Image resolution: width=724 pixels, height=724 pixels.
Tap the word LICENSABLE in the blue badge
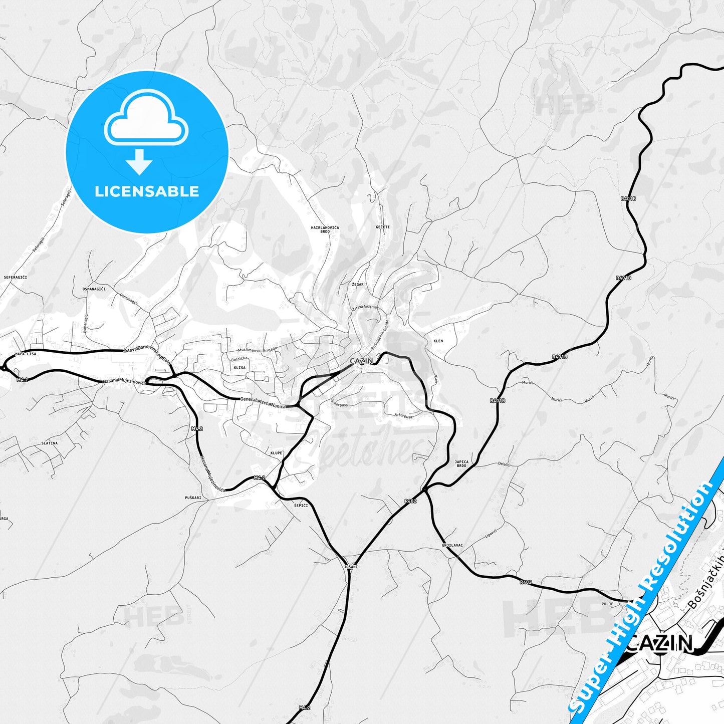pyautogui.click(x=147, y=191)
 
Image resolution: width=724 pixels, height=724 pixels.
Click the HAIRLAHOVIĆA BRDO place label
pyautogui.click(x=325, y=229)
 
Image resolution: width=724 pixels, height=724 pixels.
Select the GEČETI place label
pyautogui.click(x=383, y=227)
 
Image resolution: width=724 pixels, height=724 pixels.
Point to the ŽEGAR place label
pyautogui.click(x=358, y=284)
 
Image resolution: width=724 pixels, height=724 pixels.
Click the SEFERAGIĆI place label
pyautogui.click(x=15, y=277)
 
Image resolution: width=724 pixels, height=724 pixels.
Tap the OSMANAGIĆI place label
pyautogui.click(x=94, y=289)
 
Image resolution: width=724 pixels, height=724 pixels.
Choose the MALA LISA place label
pyautogui.click(x=26, y=354)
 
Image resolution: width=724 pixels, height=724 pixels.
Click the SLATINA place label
pyautogui.click(x=50, y=443)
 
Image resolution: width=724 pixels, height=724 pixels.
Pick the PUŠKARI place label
pyautogui.click(x=193, y=498)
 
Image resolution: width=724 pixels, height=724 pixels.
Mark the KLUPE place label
pyautogui.click(x=276, y=453)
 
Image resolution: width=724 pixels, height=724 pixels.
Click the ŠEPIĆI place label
pyautogui.click(x=301, y=506)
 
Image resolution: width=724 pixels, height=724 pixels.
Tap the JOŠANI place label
pyautogui.click(x=351, y=567)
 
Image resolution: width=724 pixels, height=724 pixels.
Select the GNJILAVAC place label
pyautogui.click(x=452, y=545)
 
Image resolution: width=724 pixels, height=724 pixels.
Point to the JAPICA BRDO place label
pyautogui.click(x=461, y=464)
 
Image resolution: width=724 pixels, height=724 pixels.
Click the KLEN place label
pyautogui.click(x=438, y=341)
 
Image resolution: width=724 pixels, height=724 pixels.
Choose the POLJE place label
pyautogui.click(x=607, y=604)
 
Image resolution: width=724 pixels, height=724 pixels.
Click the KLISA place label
pyautogui.click(x=239, y=368)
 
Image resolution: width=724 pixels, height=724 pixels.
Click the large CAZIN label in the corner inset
pyautogui.click(x=660, y=643)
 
